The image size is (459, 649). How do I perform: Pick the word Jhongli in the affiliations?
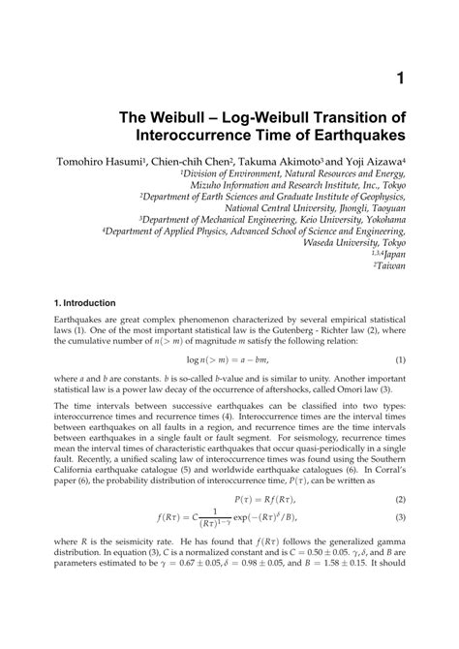tap(342, 206)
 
